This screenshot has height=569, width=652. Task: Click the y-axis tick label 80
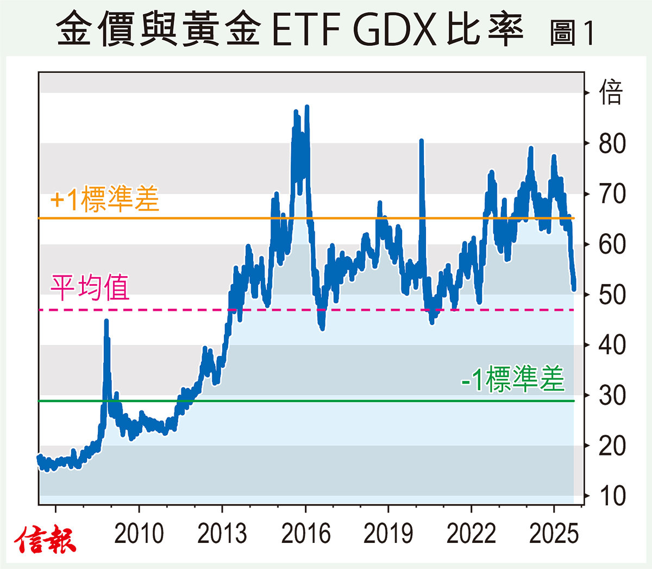click(612, 143)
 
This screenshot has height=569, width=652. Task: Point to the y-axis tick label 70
click(612, 194)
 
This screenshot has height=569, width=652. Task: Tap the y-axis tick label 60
click(612, 245)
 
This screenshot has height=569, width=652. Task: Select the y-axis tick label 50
click(612, 295)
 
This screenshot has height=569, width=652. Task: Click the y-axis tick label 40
click(612, 345)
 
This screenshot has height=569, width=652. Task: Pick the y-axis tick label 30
click(612, 396)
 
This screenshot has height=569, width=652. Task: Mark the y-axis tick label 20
click(612, 446)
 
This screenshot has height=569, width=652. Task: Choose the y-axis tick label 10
click(612, 496)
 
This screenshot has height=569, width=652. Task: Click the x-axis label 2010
click(139, 534)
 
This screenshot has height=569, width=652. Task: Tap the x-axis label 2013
click(222, 534)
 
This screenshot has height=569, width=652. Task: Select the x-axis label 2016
click(305, 534)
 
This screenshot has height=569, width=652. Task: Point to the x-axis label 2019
click(388, 534)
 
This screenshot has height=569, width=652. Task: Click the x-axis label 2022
click(471, 534)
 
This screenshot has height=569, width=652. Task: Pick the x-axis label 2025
click(554, 534)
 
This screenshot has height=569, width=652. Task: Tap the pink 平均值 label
click(90, 287)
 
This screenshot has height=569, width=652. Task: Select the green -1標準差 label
click(512, 379)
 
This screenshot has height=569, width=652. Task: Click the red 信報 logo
click(45, 540)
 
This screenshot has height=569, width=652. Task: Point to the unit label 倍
click(611, 92)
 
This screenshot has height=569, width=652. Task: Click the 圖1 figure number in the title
click(572, 33)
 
